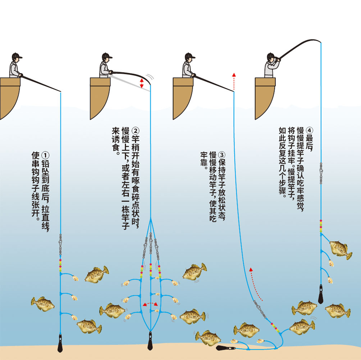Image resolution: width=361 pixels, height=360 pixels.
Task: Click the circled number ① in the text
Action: [x=45, y=155]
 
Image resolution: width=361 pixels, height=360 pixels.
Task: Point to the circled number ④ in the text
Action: [x=310, y=131]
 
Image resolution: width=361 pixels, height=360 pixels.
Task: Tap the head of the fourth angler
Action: [x=271, y=57]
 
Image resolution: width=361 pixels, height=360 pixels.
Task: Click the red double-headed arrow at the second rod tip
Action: [x=142, y=83]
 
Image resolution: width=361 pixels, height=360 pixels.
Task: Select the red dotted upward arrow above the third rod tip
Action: [x=234, y=81]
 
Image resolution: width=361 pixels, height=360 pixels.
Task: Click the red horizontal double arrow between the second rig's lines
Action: [x=150, y=304]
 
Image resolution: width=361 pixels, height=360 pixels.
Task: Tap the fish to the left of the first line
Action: [x=43, y=304]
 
